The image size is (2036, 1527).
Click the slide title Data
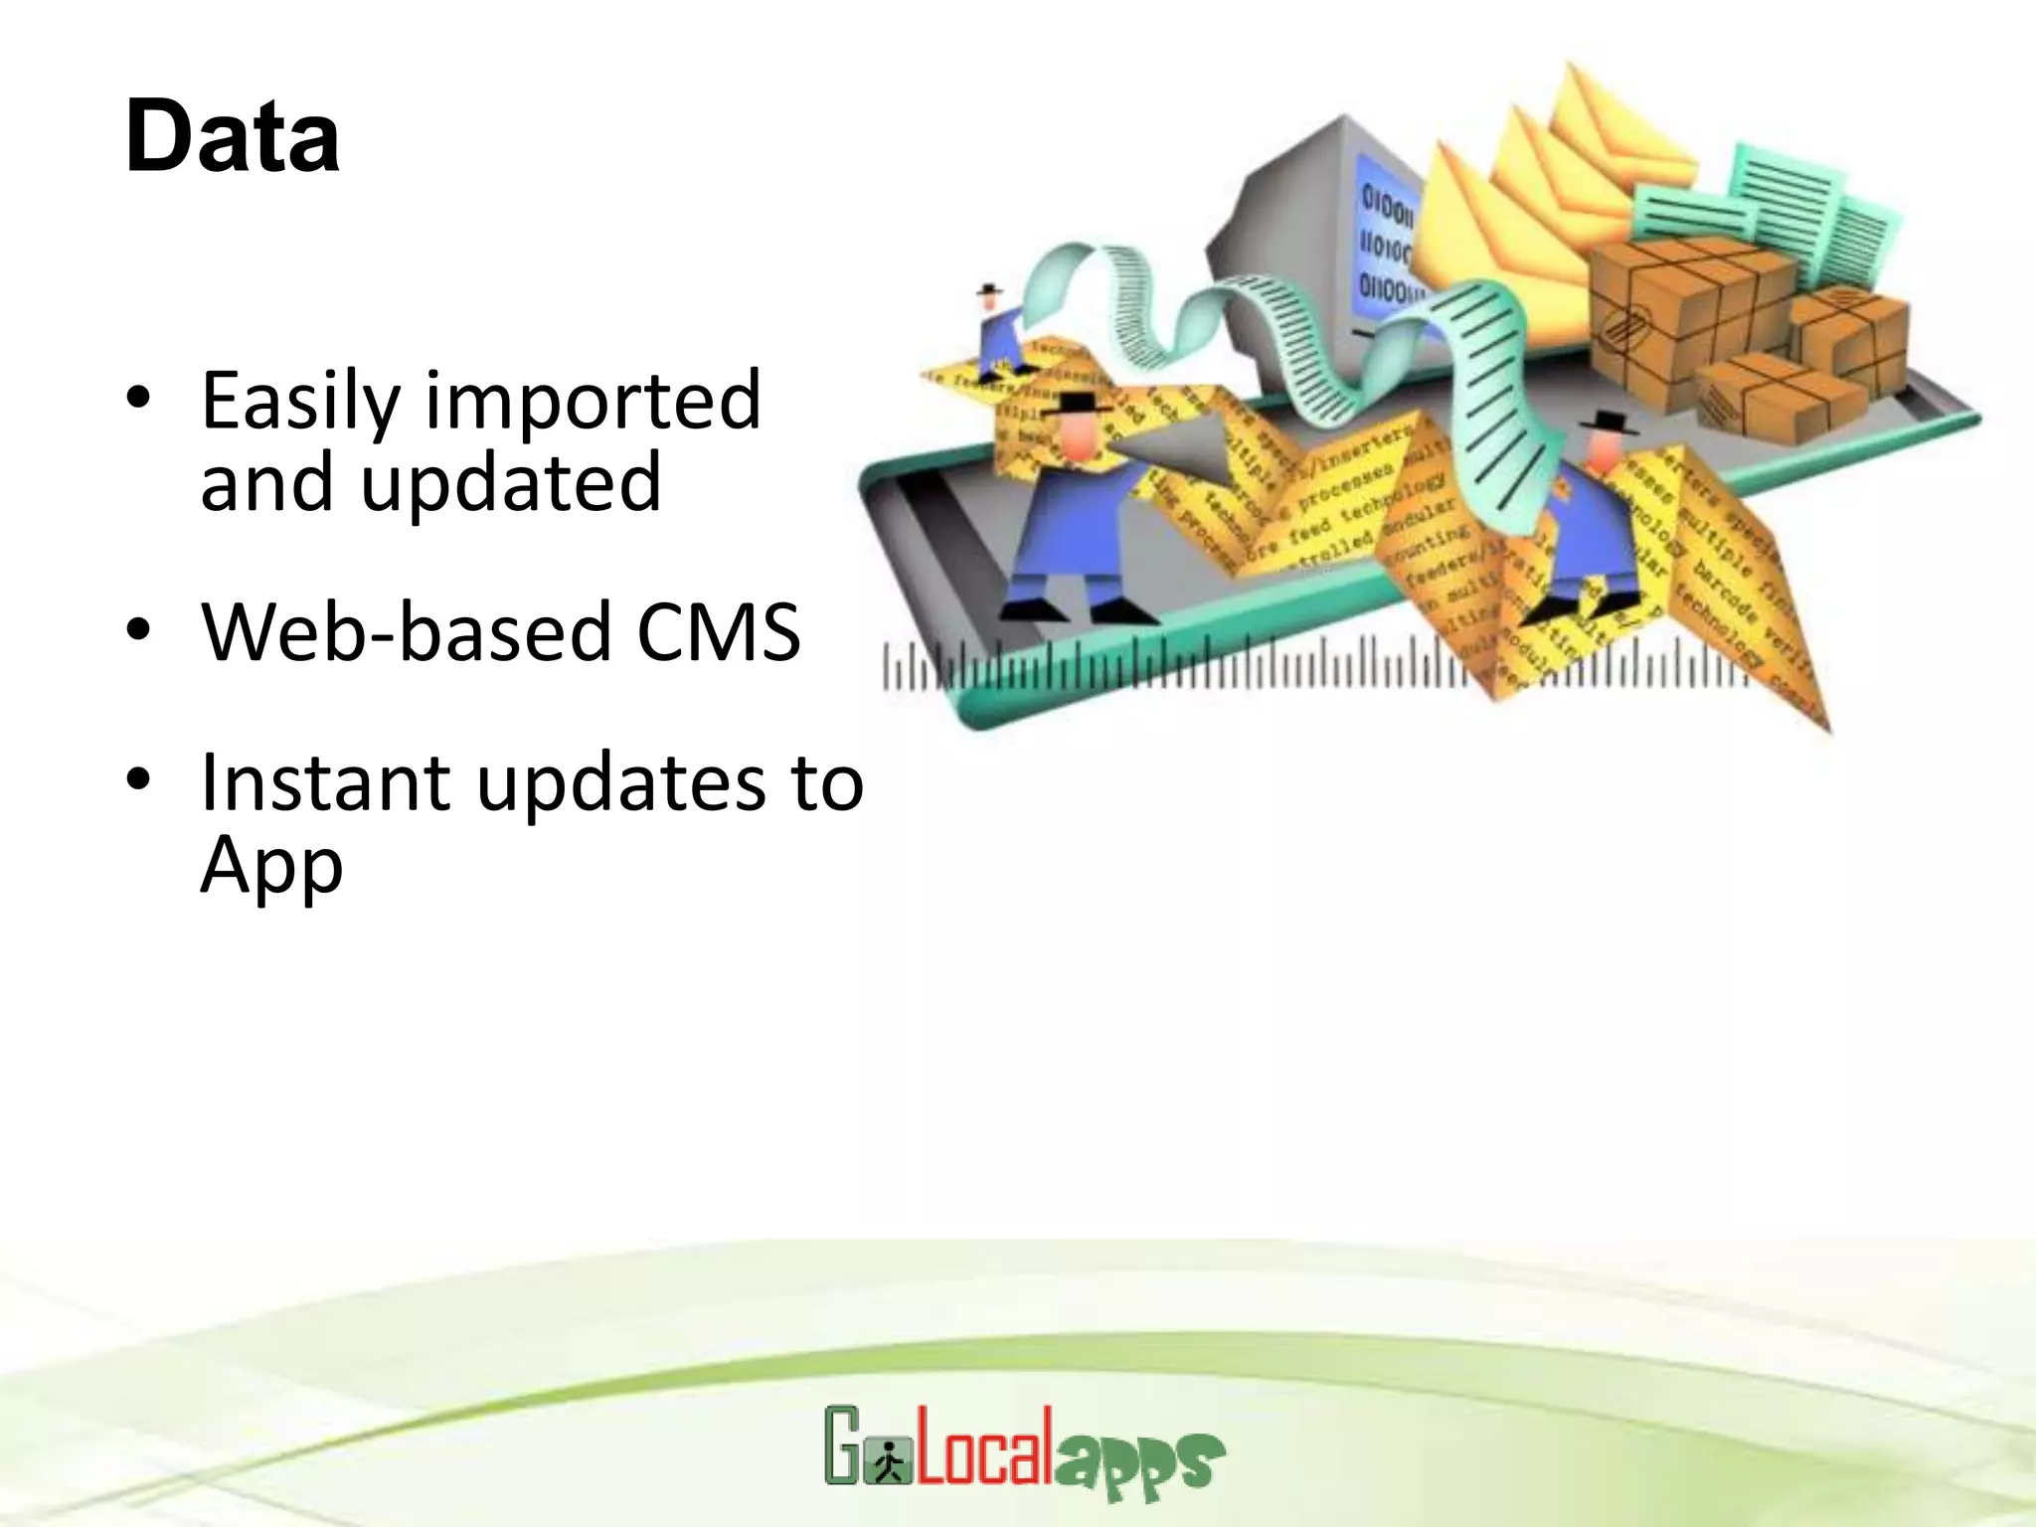(x=233, y=136)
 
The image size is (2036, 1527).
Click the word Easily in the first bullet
(x=299, y=403)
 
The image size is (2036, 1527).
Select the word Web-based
(x=406, y=632)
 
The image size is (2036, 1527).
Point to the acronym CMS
(x=718, y=632)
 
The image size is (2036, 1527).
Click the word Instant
(x=326, y=782)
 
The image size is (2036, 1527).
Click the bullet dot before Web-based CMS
(x=138, y=629)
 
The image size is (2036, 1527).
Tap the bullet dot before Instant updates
(x=138, y=779)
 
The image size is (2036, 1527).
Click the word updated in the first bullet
(x=510, y=484)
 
